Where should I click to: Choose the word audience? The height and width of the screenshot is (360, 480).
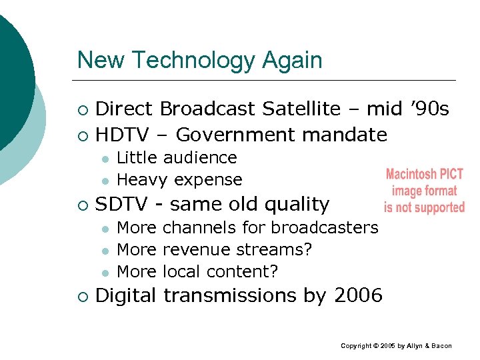tap(200, 158)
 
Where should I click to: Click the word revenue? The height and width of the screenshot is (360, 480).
tap(191, 249)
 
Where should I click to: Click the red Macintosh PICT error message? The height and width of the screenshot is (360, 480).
tap(424, 191)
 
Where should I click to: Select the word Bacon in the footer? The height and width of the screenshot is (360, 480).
tap(441, 346)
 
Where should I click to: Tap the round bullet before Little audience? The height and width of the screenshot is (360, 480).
tap(105, 159)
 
